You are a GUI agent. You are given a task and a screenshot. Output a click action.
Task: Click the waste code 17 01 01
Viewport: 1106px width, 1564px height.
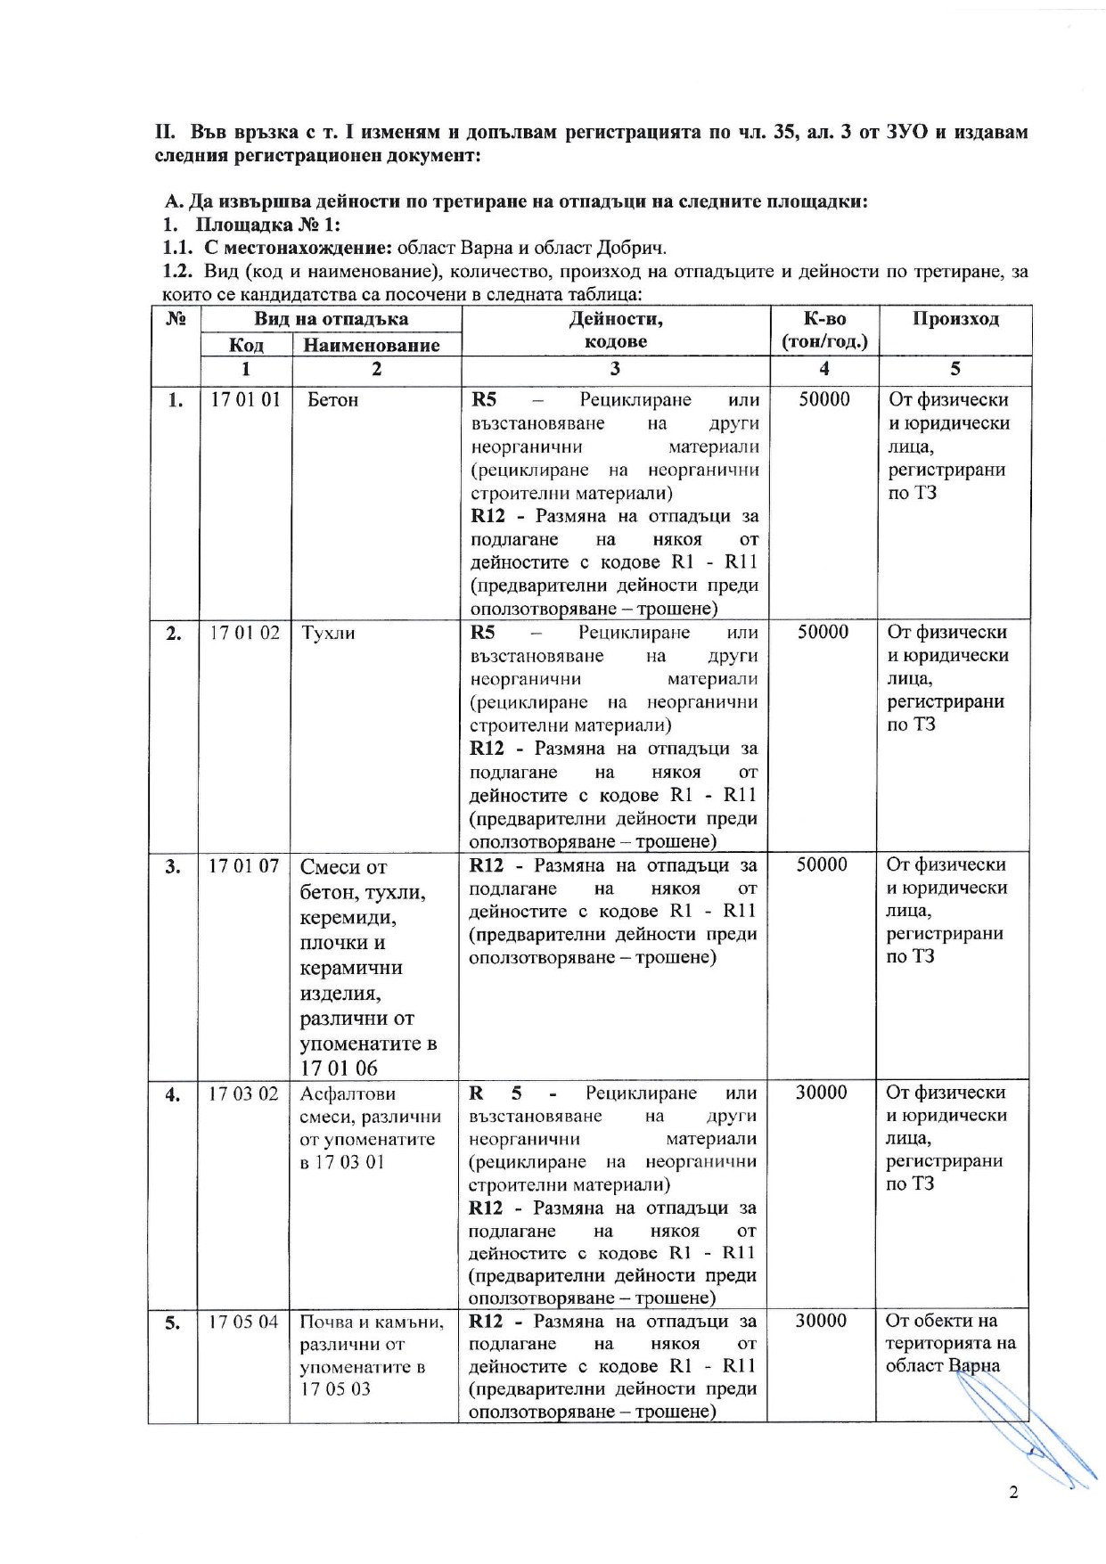[245, 399]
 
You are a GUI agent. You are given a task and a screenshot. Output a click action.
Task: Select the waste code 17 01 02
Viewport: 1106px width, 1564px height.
[244, 633]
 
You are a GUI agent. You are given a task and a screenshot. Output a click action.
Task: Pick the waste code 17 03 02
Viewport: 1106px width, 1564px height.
[243, 1093]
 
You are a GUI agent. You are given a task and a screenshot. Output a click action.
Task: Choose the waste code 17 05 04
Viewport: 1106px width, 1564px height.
[243, 1322]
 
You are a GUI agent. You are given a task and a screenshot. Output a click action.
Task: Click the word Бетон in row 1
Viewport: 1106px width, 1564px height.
[332, 400]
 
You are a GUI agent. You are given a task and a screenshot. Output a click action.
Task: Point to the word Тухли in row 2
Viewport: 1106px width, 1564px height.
[328, 634]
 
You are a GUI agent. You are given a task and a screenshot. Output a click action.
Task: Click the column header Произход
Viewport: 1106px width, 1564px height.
[955, 319]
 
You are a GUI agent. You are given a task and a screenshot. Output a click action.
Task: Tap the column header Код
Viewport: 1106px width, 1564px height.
[246, 345]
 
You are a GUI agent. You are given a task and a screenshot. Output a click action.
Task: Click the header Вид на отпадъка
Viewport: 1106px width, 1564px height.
[331, 319]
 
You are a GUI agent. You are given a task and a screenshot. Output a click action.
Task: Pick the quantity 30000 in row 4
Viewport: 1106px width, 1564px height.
[821, 1093]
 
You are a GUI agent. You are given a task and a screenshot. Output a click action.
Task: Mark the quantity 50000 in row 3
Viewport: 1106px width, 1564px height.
[822, 864]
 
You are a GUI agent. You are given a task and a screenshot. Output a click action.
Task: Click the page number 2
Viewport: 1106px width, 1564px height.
[1012, 1494]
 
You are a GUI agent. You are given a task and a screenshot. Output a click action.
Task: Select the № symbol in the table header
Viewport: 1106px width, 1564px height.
[176, 319]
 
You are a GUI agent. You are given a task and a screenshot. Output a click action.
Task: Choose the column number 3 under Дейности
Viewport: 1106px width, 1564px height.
[615, 369]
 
